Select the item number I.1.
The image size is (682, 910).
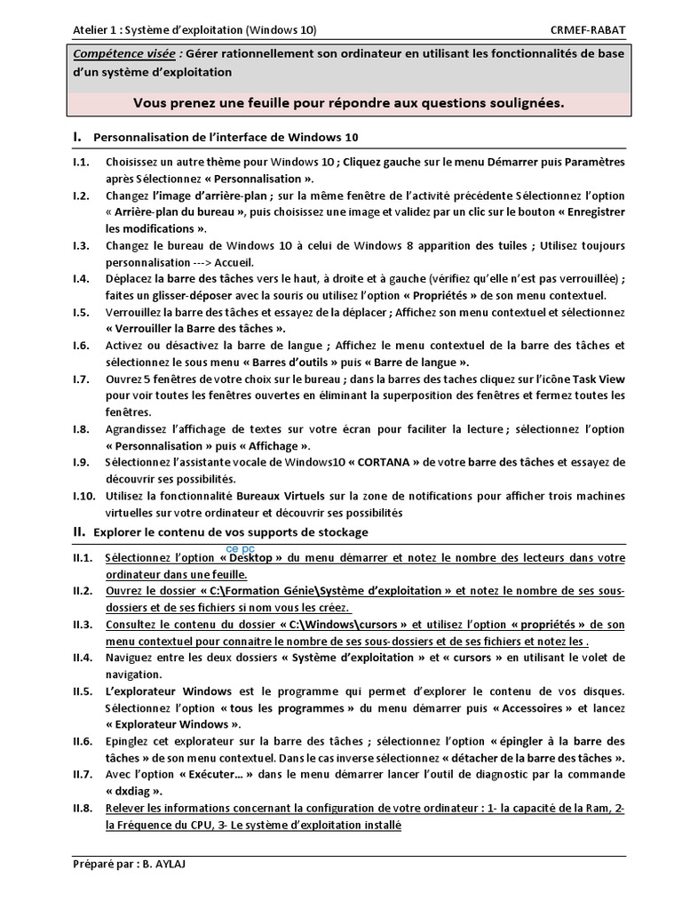pyautogui.click(x=82, y=162)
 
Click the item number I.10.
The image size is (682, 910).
pyautogui.click(x=84, y=496)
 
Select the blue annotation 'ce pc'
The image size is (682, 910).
pyautogui.click(x=241, y=549)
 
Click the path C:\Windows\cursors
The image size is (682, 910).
pyautogui.click(x=342, y=624)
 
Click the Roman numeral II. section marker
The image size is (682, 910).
pyautogui.click(x=79, y=532)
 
